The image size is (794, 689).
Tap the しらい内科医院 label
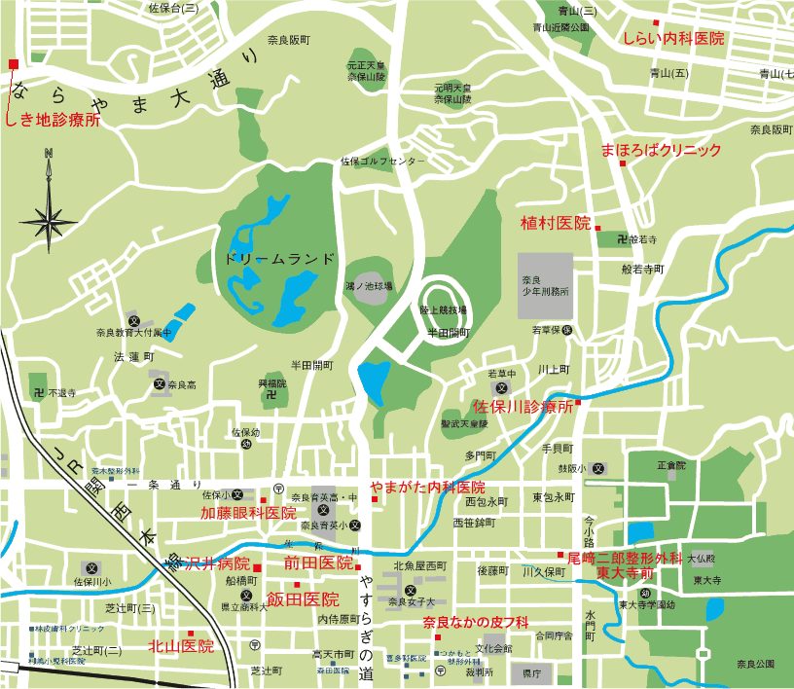pos(673,39)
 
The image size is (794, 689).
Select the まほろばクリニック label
pos(661,151)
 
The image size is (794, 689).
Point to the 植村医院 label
pos(556,223)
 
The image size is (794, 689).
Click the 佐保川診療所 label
pos(523,405)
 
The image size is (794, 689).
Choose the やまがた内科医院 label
pos(427,487)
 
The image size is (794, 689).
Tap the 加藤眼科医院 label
pos(248,513)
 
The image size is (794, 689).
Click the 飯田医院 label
pos(303,599)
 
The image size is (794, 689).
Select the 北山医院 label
pos(180,645)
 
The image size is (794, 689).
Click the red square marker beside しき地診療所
pos(13,64)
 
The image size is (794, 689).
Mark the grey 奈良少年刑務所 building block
pos(546,284)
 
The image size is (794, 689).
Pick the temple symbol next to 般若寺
pos(621,237)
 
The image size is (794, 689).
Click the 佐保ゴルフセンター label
pos(382,161)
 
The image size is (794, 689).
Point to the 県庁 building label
pos(531,672)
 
